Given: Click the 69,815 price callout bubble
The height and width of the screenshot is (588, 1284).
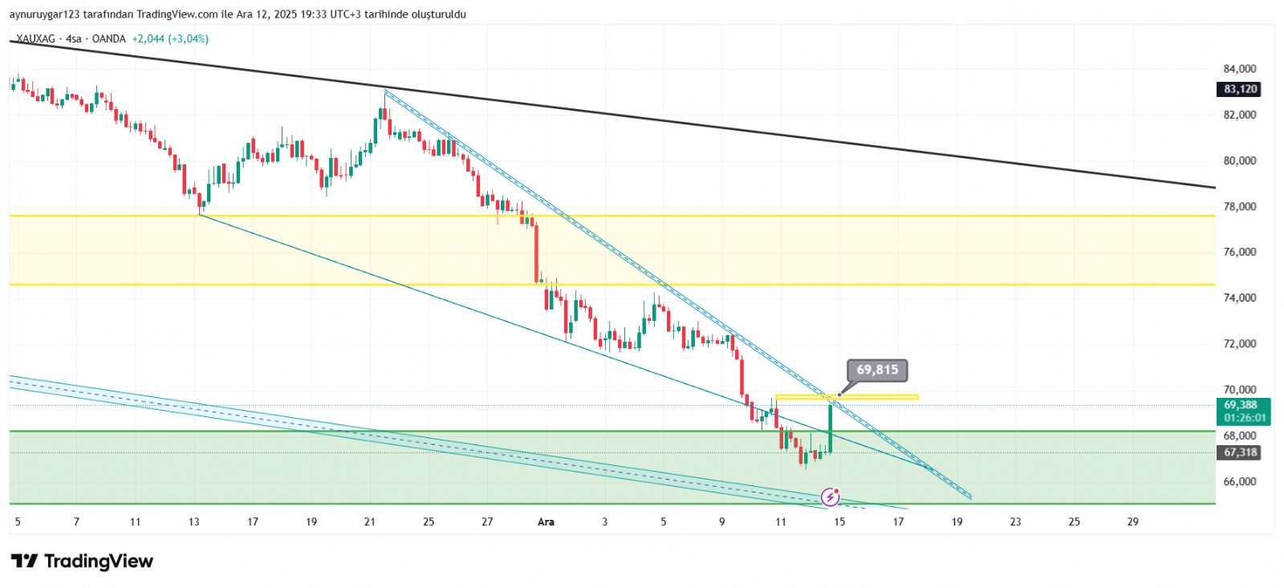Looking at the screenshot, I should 877,370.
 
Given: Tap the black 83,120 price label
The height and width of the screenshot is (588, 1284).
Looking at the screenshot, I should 1240,89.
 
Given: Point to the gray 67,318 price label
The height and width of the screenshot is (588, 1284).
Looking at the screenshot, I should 1240,452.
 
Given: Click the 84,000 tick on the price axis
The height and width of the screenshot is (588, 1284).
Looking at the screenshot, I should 1240,69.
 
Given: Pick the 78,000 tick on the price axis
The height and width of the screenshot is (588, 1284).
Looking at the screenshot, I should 1240,206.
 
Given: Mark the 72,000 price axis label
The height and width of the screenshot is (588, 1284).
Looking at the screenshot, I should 1240,343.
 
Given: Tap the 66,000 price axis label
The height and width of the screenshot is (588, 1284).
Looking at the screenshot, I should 1240,481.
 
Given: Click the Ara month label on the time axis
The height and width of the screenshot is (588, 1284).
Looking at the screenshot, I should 546,521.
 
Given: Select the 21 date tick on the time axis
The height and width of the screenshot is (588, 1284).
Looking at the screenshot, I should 370,521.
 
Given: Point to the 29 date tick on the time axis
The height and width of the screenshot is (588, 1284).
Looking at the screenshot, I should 1132,521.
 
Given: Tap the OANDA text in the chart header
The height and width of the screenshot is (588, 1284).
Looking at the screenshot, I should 108,39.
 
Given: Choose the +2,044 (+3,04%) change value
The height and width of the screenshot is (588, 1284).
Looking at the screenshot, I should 170,39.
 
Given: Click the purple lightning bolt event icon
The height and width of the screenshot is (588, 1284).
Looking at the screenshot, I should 831,497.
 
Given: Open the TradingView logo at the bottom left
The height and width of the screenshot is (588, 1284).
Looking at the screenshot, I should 82,561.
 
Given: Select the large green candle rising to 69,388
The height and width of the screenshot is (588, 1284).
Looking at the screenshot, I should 830,429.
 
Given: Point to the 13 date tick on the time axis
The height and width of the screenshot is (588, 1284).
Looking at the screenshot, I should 194,521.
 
